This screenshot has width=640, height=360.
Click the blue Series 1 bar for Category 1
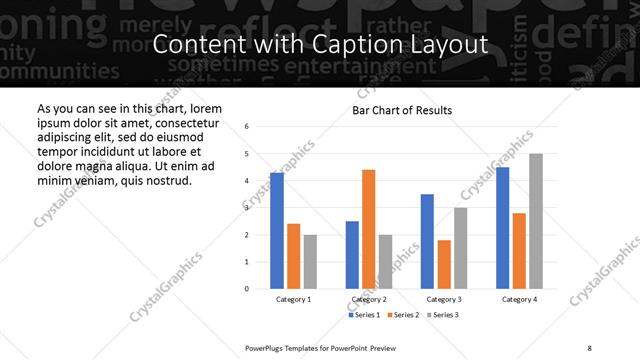(277, 231)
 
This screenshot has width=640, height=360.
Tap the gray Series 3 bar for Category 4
(536, 221)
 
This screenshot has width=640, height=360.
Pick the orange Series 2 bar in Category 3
(443, 264)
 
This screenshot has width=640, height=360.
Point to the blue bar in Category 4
(502, 228)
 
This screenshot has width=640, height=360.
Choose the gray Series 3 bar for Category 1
(310, 262)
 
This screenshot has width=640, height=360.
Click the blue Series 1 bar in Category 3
(427, 241)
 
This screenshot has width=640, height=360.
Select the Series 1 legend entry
(366, 315)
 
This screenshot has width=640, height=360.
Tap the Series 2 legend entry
(402, 315)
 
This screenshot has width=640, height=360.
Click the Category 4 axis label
(519, 299)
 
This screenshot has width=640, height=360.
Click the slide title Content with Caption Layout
(320, 45)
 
